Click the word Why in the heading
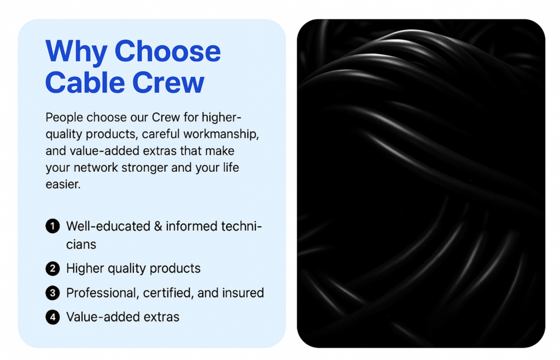click(76, 52)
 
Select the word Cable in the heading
click(85, 82)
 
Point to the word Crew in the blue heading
click(168, 83)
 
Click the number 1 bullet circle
click(52, 226)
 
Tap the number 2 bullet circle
click(52, 269)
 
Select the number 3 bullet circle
click(52, 293)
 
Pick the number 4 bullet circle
click(52, 317)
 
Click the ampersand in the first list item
click(158, 227)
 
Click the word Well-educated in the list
click(108, 227)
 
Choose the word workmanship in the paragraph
click(221, 134)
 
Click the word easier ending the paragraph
click(63, 184)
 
